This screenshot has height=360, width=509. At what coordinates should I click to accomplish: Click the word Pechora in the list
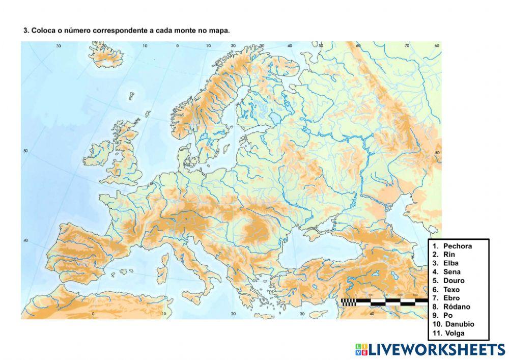click(457, 246)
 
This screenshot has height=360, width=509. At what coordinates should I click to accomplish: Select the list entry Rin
click(449, 255)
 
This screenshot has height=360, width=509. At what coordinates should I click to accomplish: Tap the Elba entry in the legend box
click(450, 263)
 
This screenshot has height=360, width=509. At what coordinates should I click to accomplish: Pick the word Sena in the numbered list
click(451, 272)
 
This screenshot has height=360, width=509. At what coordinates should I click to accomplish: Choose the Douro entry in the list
click(454, 281)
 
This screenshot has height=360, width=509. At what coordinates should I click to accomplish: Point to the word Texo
click(451, 289)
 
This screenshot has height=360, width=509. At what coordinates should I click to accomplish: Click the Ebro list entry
click(451, 298)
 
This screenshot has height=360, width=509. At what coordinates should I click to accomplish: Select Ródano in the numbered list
click(457, 307)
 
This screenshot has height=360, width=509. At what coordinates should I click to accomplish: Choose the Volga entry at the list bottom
click(455, 334)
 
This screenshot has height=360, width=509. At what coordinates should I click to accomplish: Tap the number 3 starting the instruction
click(25, 31)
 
